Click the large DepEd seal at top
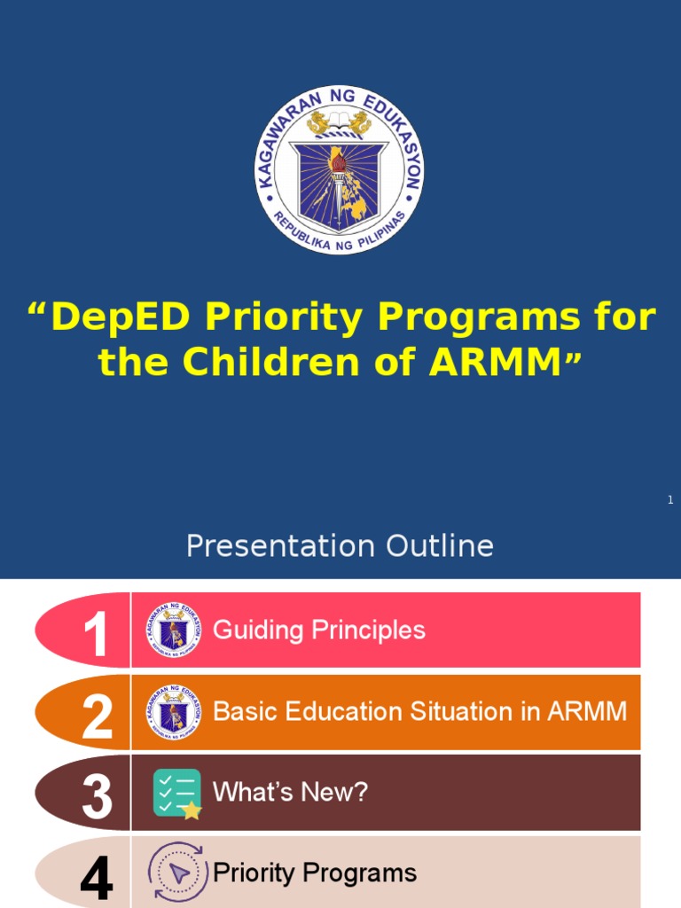(340, 169)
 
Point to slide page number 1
(670, 501)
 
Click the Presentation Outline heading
(340, 545)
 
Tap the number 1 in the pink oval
(96, 635)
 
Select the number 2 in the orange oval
(97, 716)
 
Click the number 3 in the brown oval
(97, 796)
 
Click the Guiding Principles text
(319, 630)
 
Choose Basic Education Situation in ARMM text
(420, 711)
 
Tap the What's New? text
(290, 792)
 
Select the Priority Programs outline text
(315, 873)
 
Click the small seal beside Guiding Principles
(174, 631)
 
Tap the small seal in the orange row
(174, 712)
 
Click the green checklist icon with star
(176, 793)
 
